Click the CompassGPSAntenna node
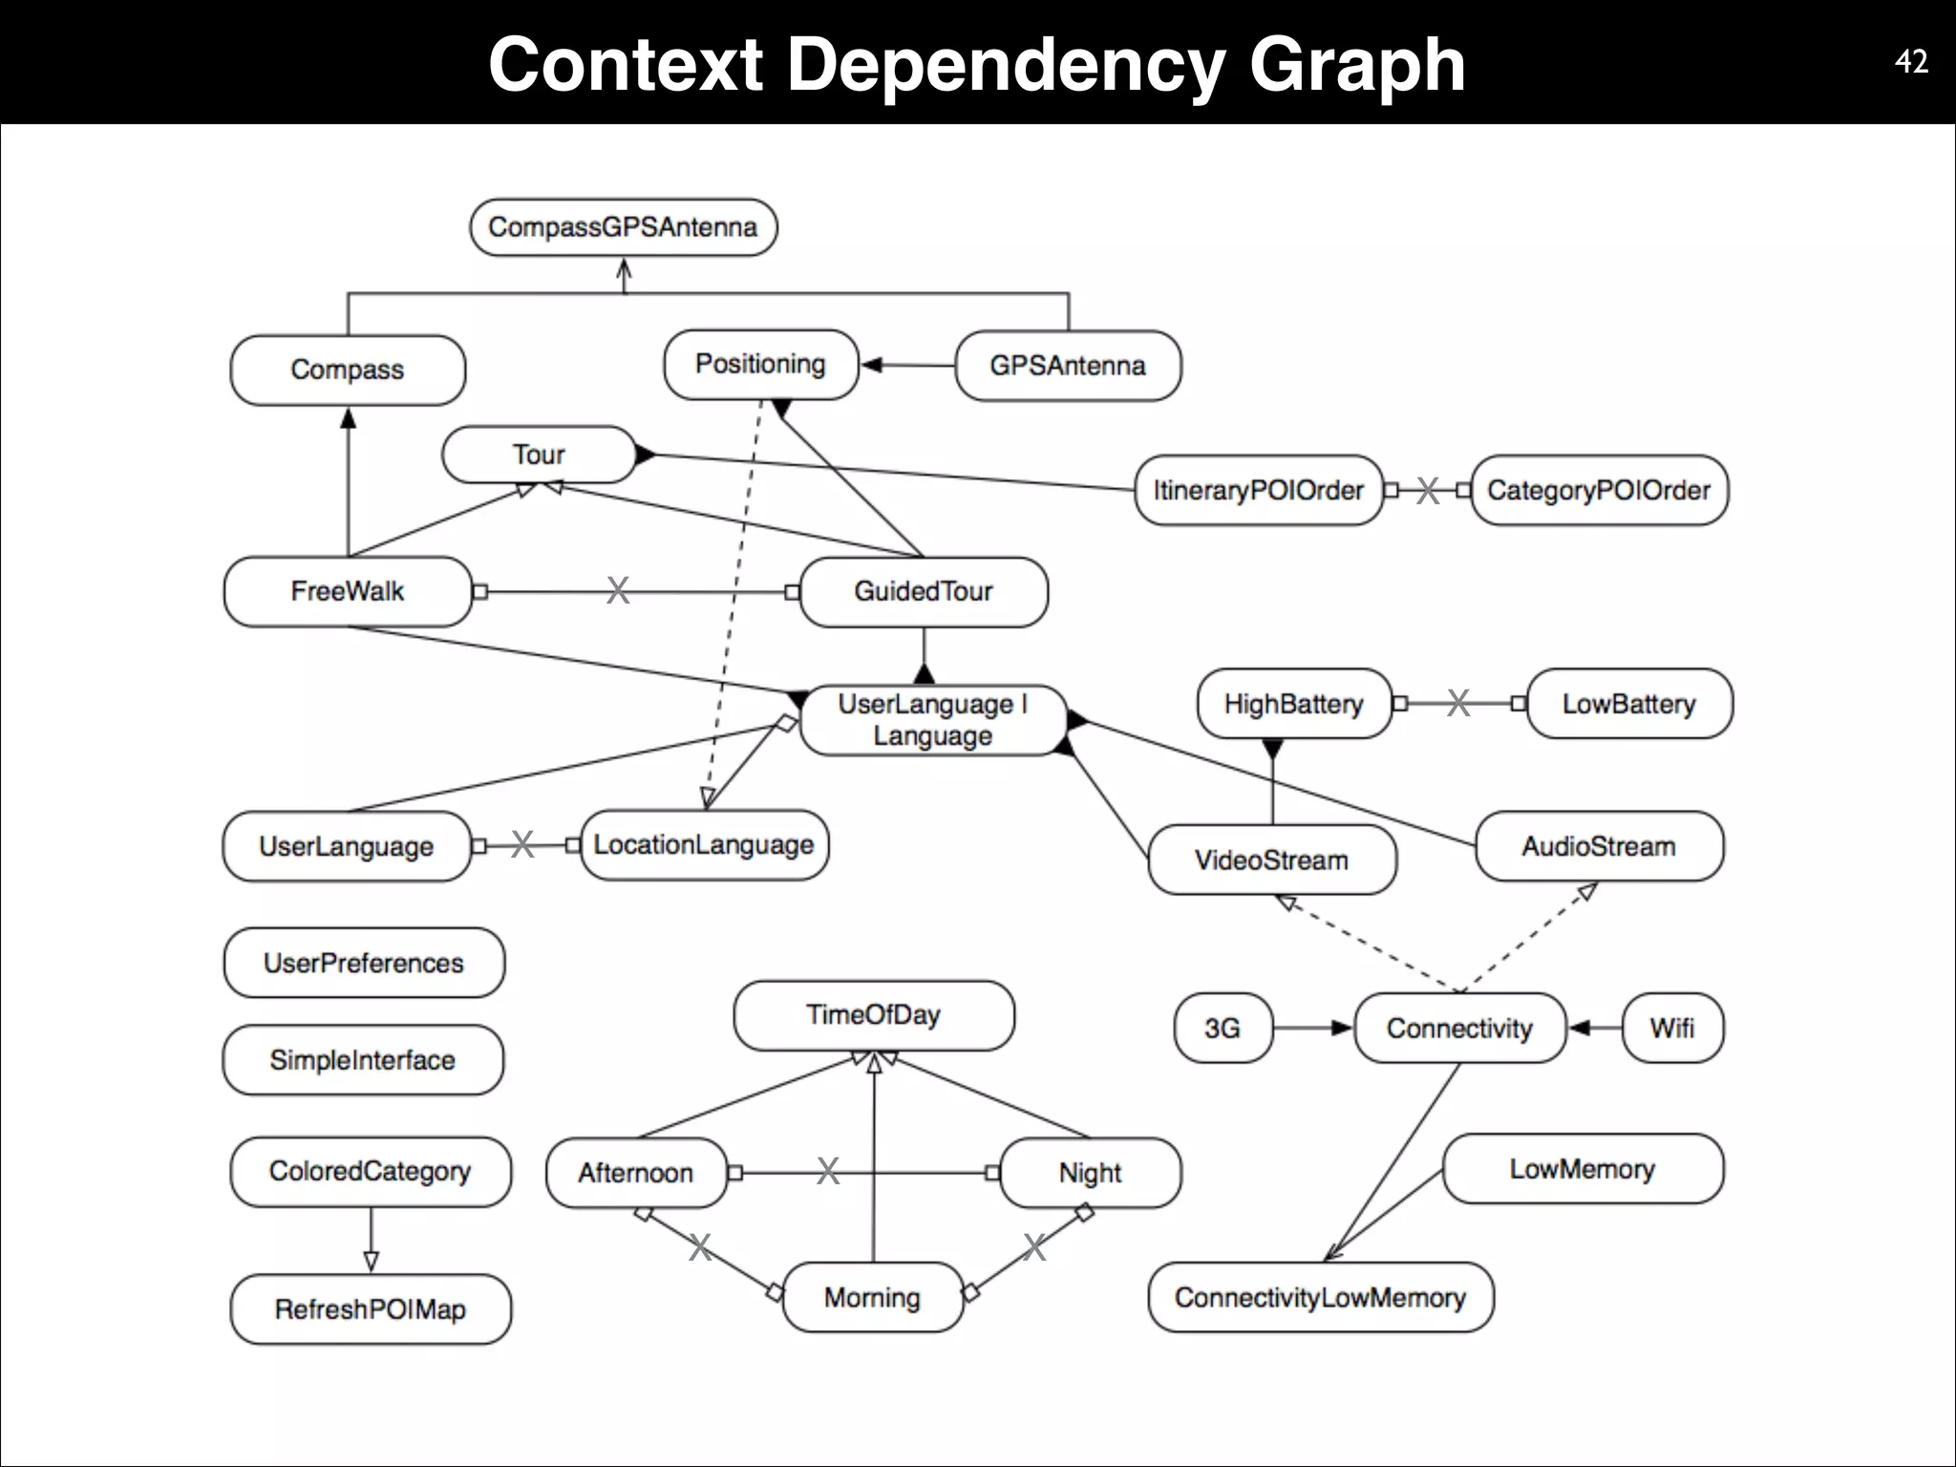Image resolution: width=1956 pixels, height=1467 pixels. point(623,227)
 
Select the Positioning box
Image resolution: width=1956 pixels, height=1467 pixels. point(760,364)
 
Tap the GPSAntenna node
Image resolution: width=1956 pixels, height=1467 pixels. point(1067,366)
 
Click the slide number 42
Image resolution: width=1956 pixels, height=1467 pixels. point(1911,62)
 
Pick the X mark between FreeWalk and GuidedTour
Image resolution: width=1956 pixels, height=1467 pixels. point(618,591)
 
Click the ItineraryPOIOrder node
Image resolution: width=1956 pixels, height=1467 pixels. point(1258,490)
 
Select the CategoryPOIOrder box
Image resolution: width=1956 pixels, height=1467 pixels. point(1599,490)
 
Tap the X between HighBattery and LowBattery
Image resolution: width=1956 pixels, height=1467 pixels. point(1458,704)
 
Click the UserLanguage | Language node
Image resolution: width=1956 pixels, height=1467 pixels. point(932,720)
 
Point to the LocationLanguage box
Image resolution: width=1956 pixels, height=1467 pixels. point(704,845)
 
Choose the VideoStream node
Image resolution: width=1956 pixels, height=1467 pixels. point(1271,860)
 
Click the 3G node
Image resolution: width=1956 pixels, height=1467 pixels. point(1222,1028)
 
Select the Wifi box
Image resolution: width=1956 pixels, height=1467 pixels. point(1671,1028)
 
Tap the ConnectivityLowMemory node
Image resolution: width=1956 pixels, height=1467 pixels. point(1320,1297)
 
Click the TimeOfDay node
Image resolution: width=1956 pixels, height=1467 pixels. point(873,1015)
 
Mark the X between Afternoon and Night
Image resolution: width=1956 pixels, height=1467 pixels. point(828,1171)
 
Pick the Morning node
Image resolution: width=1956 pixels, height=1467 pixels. point(872,1297)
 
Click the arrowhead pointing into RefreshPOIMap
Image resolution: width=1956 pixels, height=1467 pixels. point(372,1262)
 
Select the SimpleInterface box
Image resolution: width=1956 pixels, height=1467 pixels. point(362,1060)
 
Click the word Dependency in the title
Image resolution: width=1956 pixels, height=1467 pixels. point(1005,65)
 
